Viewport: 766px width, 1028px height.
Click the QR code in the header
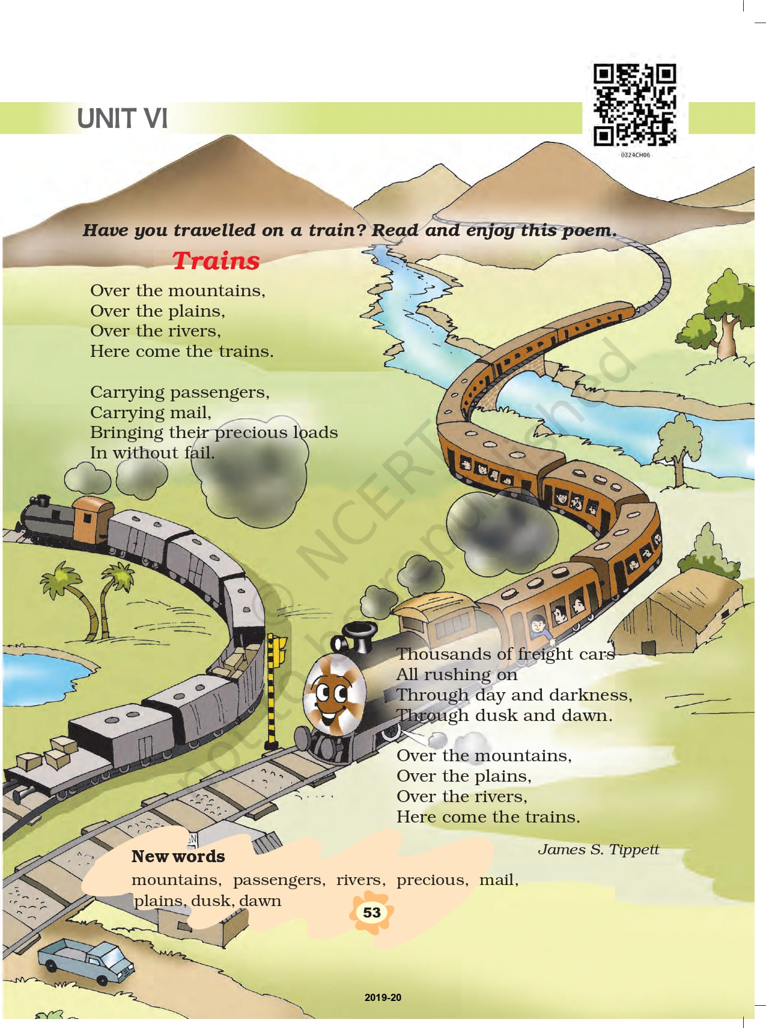click(635, 105)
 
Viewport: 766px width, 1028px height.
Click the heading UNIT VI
click(122, 118)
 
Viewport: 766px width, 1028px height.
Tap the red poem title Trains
click(216, 261)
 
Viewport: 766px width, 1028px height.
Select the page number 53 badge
click(372, 913)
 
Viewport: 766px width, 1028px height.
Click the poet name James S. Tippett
click(598, 850)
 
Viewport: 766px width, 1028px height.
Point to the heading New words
click(178, 856)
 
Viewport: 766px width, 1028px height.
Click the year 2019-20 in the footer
click(383, 997)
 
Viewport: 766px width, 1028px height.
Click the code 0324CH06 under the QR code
click(636, 155)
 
